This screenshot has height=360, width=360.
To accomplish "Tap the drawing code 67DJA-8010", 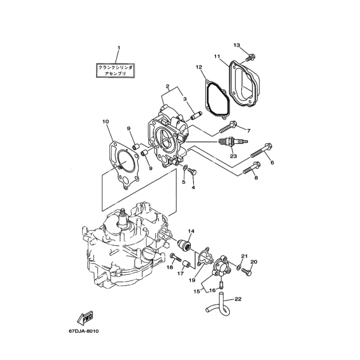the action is pyautogui.click(x=83, y=332).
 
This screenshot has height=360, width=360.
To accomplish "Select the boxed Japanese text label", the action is pyautogui.click(x=115, y=70).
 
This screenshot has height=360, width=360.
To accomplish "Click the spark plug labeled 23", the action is pyautogui.click(x=233, y=142).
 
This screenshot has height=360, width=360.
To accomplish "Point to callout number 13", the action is pyautogui.click(x=237, y=45).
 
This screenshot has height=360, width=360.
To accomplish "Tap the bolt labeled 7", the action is pyautogui.click(x=228, y=128).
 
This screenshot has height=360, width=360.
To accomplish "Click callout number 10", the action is pyautogui.click(x=105, y=121).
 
